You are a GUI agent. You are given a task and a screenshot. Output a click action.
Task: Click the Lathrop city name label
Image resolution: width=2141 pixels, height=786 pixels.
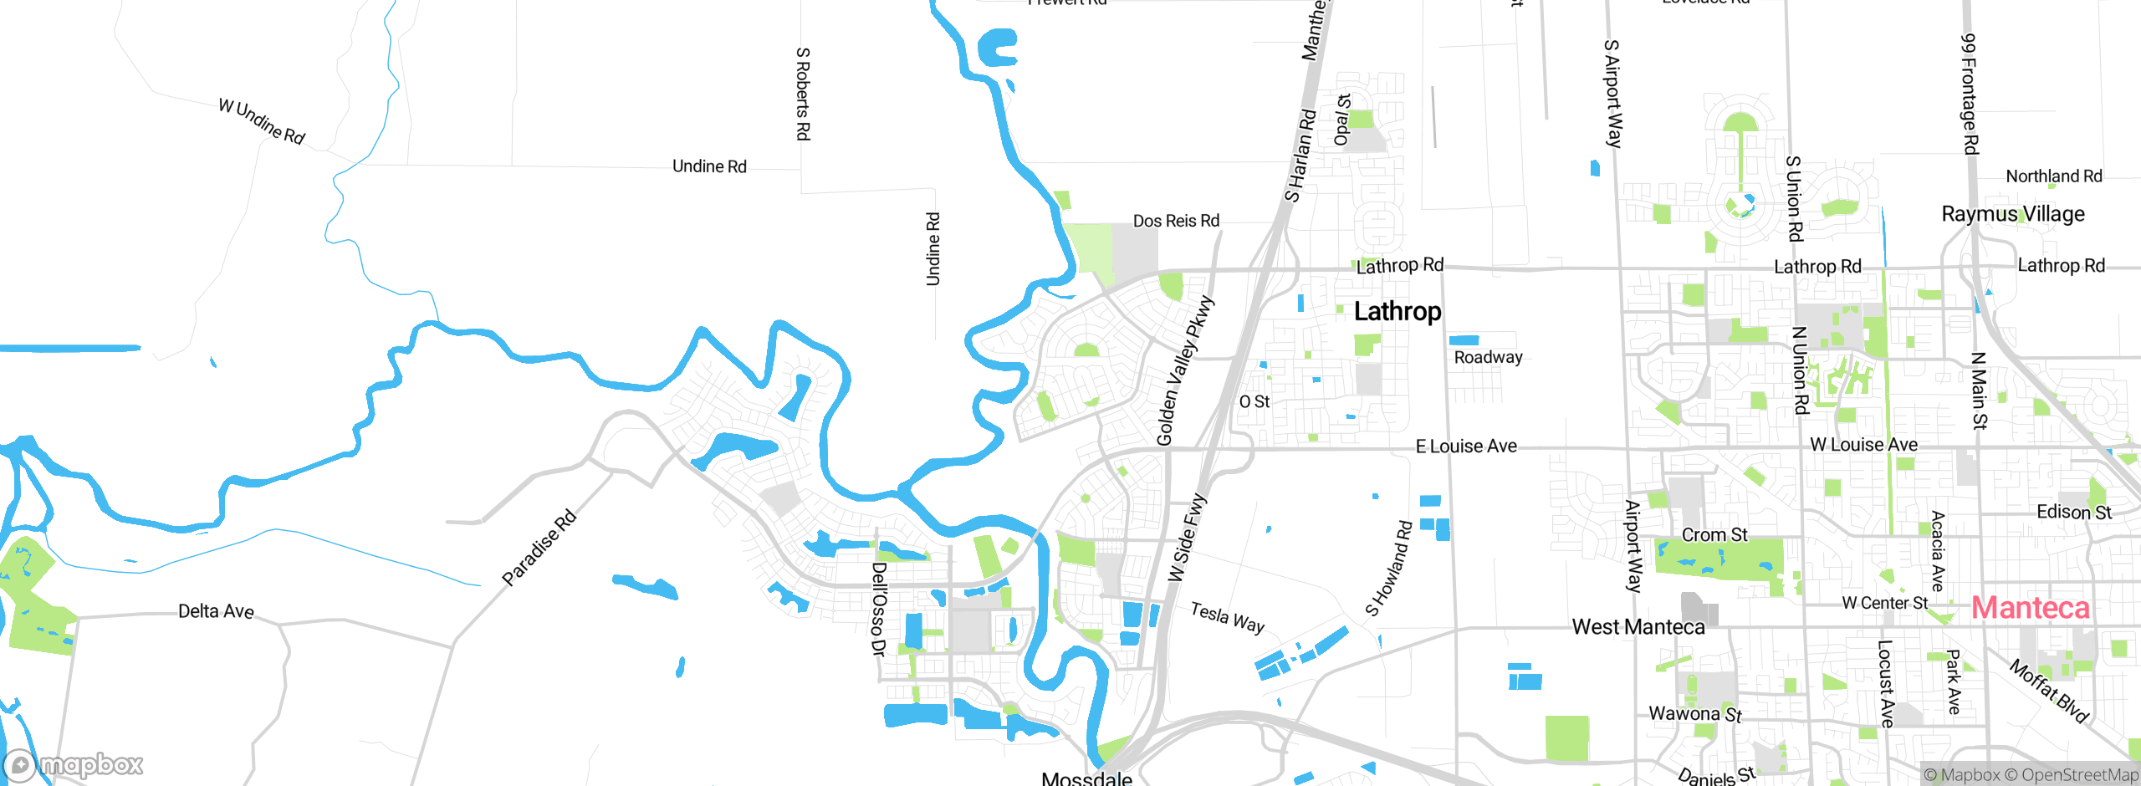1397,311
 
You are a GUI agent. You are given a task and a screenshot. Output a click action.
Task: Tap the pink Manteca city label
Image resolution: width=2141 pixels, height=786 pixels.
2030,608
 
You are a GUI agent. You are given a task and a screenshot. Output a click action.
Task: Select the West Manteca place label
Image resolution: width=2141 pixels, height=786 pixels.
1638,627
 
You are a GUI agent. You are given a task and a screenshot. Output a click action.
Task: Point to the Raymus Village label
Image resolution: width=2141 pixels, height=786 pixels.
2012,214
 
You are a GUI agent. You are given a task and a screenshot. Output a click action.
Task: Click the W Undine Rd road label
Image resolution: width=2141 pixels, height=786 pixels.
262,122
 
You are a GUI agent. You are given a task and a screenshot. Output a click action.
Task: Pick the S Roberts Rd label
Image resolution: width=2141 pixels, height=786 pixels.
802,94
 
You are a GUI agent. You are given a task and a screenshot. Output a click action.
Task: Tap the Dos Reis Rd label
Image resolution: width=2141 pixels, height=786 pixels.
1176,221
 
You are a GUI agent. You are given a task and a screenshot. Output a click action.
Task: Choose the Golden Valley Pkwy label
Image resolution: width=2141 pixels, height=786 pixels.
1183,370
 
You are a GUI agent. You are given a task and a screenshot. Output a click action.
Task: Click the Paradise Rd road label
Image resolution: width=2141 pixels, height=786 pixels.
539,548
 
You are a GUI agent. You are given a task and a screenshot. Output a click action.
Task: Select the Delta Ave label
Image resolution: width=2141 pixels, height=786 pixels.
216,611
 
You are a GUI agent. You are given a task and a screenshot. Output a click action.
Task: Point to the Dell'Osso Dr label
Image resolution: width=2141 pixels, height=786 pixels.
877,609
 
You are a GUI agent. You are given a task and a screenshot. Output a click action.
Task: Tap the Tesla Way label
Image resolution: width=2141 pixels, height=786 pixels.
1227,618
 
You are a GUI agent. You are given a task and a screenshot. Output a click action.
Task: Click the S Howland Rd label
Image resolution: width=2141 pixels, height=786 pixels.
1389,568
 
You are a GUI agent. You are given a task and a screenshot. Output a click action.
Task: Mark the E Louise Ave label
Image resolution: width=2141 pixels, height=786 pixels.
1465,447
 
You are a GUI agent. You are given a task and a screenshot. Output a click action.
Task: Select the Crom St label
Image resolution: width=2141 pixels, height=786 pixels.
1714,535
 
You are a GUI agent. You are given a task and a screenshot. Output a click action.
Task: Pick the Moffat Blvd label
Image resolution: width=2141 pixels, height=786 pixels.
2049,691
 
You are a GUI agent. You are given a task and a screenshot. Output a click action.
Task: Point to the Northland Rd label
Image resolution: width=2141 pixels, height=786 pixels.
2053,176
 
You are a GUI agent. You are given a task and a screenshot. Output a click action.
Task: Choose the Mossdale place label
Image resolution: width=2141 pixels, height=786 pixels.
1086,778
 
